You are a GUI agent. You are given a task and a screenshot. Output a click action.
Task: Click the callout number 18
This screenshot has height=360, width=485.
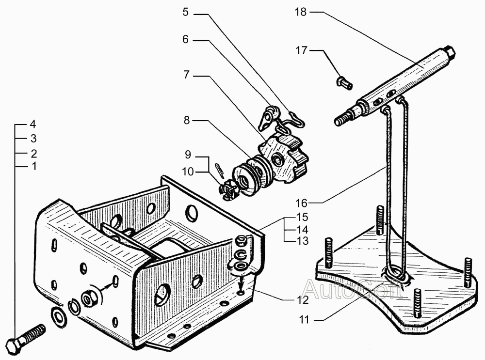pyautogui.click(x=300, y=12)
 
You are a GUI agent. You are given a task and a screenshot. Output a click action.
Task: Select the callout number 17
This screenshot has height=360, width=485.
pyautogui.click(x=302, y=50)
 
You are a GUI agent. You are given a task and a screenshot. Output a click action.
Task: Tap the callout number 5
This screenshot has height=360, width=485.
pyautogui.click(x=185, y=13)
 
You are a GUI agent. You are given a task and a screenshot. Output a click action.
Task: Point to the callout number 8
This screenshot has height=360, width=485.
pyautogui.click(x=187, y=120)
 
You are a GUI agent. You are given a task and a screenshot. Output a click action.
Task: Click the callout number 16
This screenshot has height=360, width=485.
pyautogui.click(x=302, y=203)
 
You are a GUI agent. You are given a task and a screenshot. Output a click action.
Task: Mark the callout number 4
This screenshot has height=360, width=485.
pyautogui.click(x=33, y=124)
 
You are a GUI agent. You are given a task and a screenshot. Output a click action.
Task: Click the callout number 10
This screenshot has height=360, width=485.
pyautogui.click(x=188, y=172)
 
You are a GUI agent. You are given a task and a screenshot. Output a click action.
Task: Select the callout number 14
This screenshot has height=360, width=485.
pyautogui.click(x=303, y=229)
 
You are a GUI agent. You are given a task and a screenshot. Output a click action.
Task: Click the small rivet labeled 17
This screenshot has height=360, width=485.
pyautogui.click(x=344, y=82)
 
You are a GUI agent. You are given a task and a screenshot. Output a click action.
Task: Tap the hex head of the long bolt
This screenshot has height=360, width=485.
pyautogui.click(x=14, y=346)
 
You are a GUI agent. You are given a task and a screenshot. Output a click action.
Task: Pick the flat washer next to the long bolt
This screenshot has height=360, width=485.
pyautogui.click(x=59, y=316)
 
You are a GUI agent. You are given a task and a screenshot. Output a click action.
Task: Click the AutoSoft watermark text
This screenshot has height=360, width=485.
pyautogui.click(x=353, y=288)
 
